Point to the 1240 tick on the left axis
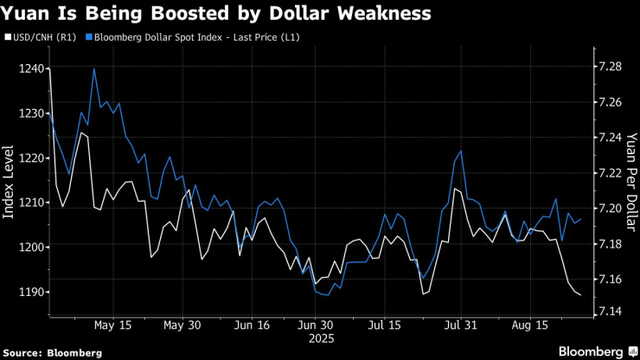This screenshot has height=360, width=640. click(x=28, y=67)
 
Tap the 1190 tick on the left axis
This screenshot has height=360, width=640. click(x=28, y=292)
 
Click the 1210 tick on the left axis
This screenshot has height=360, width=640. click(x=28, y=202)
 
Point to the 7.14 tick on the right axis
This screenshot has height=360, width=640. click(x=609, y=311)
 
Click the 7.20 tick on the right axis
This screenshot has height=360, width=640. click(x=609, y=209)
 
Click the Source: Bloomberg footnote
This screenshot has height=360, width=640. click(x=52, y=353)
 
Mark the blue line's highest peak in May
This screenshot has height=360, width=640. click(x=93, y=68)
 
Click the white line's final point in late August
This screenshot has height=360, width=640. click(x=580, y=296)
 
